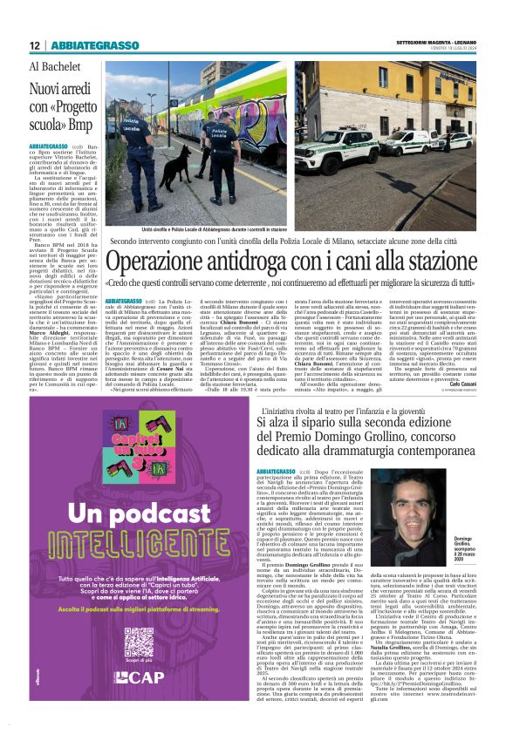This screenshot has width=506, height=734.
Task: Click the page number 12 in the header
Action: (x=34, y=44)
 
